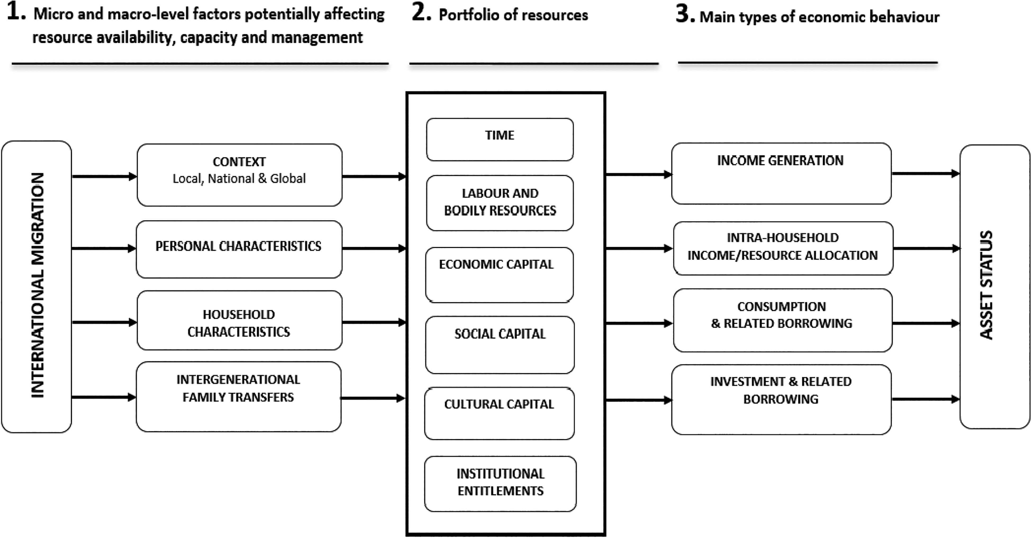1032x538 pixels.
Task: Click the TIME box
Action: pyautogui.click(x=500, y=140)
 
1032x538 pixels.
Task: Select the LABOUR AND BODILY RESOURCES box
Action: pyautogui.click(x=500, y=203)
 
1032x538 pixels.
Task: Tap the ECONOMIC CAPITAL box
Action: pyautogui.click(x=499, y=275)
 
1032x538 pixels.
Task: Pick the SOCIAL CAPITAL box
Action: pyautogui.click(x=500, y=345)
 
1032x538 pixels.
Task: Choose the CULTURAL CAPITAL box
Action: pyautogui.click(x=499, y=413)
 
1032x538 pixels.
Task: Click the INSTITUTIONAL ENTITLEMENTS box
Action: pyautogui.click(x=500, y=483)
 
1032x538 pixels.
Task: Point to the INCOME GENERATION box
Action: pyautogui.click(x=781, y=174)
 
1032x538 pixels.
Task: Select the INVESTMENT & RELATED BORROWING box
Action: pyautogui.click(x=781, y=399)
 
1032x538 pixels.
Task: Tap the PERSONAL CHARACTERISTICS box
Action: pyautogui.click(x=239, y=249)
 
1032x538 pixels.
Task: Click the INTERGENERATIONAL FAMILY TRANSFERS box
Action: pyautogui.click(x=239, y=397)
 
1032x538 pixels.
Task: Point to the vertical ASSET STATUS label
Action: pyautogui.click(x=986, y=285)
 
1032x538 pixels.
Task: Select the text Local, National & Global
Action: pyautogui.click(x=239, y=178)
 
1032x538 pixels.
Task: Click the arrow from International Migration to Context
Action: pyautogui.click(x=105, y=176)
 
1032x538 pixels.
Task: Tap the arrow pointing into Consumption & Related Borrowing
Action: pyautogui.click(x=639, y=323)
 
